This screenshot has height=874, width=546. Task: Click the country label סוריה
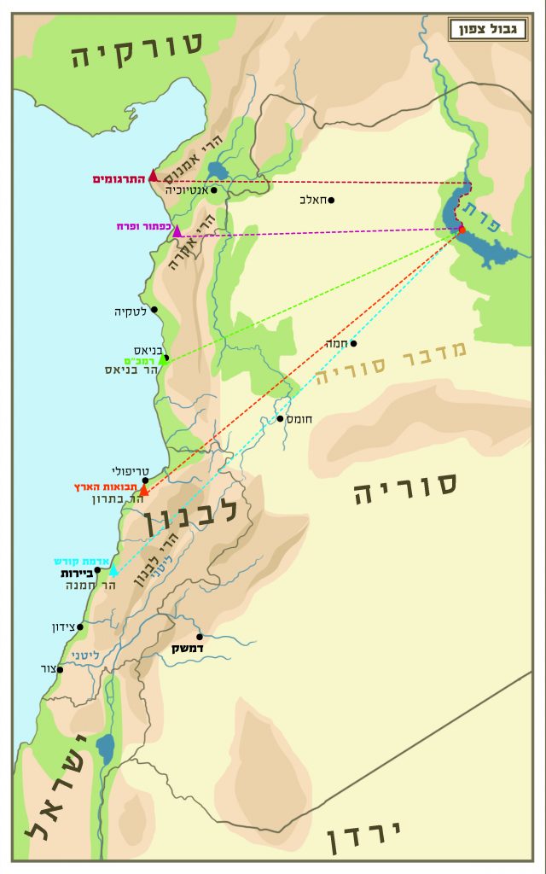406,488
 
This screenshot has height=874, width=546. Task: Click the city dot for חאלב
331,201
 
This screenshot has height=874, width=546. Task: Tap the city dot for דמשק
200,636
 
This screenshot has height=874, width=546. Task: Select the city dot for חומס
280,418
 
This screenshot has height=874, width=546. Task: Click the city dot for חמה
353,344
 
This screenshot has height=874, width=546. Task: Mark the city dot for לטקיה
154,309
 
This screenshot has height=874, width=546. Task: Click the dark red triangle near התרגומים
154,176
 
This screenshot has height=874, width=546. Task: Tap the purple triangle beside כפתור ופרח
177,231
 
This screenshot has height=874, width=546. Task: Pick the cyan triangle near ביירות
113,571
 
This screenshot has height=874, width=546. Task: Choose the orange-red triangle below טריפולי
144,490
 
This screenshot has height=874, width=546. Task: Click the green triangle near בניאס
163,360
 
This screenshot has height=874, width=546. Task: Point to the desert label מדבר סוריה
392,364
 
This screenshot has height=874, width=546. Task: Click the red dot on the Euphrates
462,229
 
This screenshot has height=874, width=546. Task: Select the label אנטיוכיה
185,189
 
